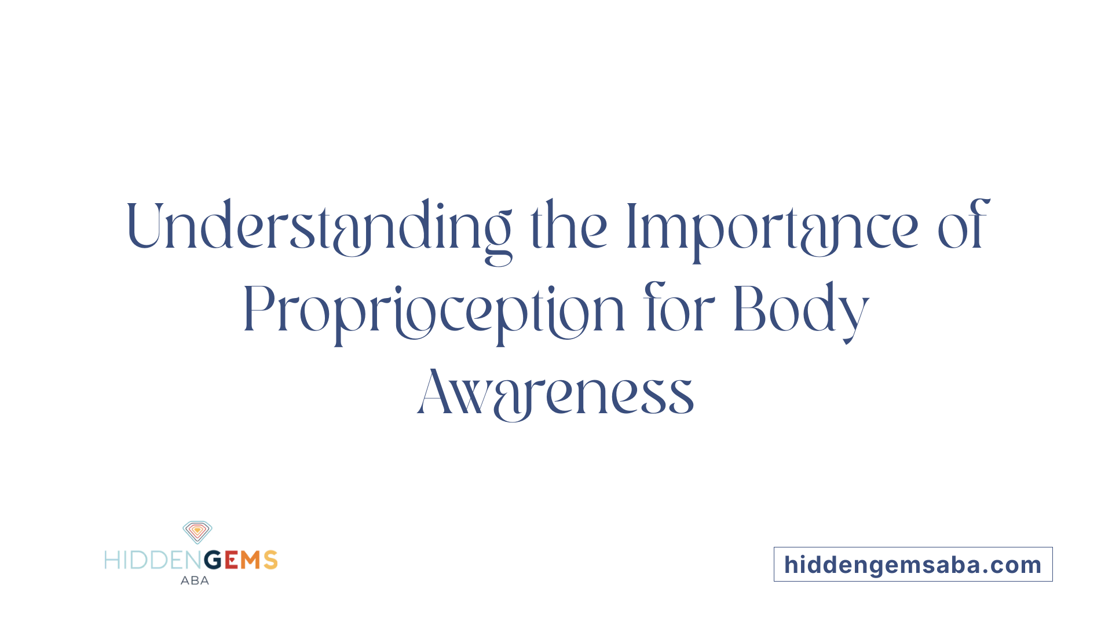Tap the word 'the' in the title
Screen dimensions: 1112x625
click(x=569, y=225)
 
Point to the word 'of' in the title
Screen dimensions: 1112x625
click(x=964, y=224)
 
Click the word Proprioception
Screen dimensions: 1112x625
click(x=434, y=313)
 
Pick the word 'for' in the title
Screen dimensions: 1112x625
click(x=679, y=307)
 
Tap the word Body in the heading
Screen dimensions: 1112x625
click(x=802, y=312)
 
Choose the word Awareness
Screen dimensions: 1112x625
click(x=555, y=392)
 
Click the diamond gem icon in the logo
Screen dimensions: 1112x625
click(x=197, y=532)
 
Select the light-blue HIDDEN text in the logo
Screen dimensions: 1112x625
click(x=153, y=560)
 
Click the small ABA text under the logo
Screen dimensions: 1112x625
click(x=195, y=580)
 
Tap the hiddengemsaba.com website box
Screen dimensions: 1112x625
click(x=913, y=564)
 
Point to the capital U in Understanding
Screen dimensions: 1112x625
click(x=142, y=225)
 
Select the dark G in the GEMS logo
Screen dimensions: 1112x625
click(x=214, y=560)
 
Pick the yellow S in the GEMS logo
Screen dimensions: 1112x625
click(x=270, y=560)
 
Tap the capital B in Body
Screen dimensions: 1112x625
click(x=748, y=308)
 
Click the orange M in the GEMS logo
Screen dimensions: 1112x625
click(x=250, y=560)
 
